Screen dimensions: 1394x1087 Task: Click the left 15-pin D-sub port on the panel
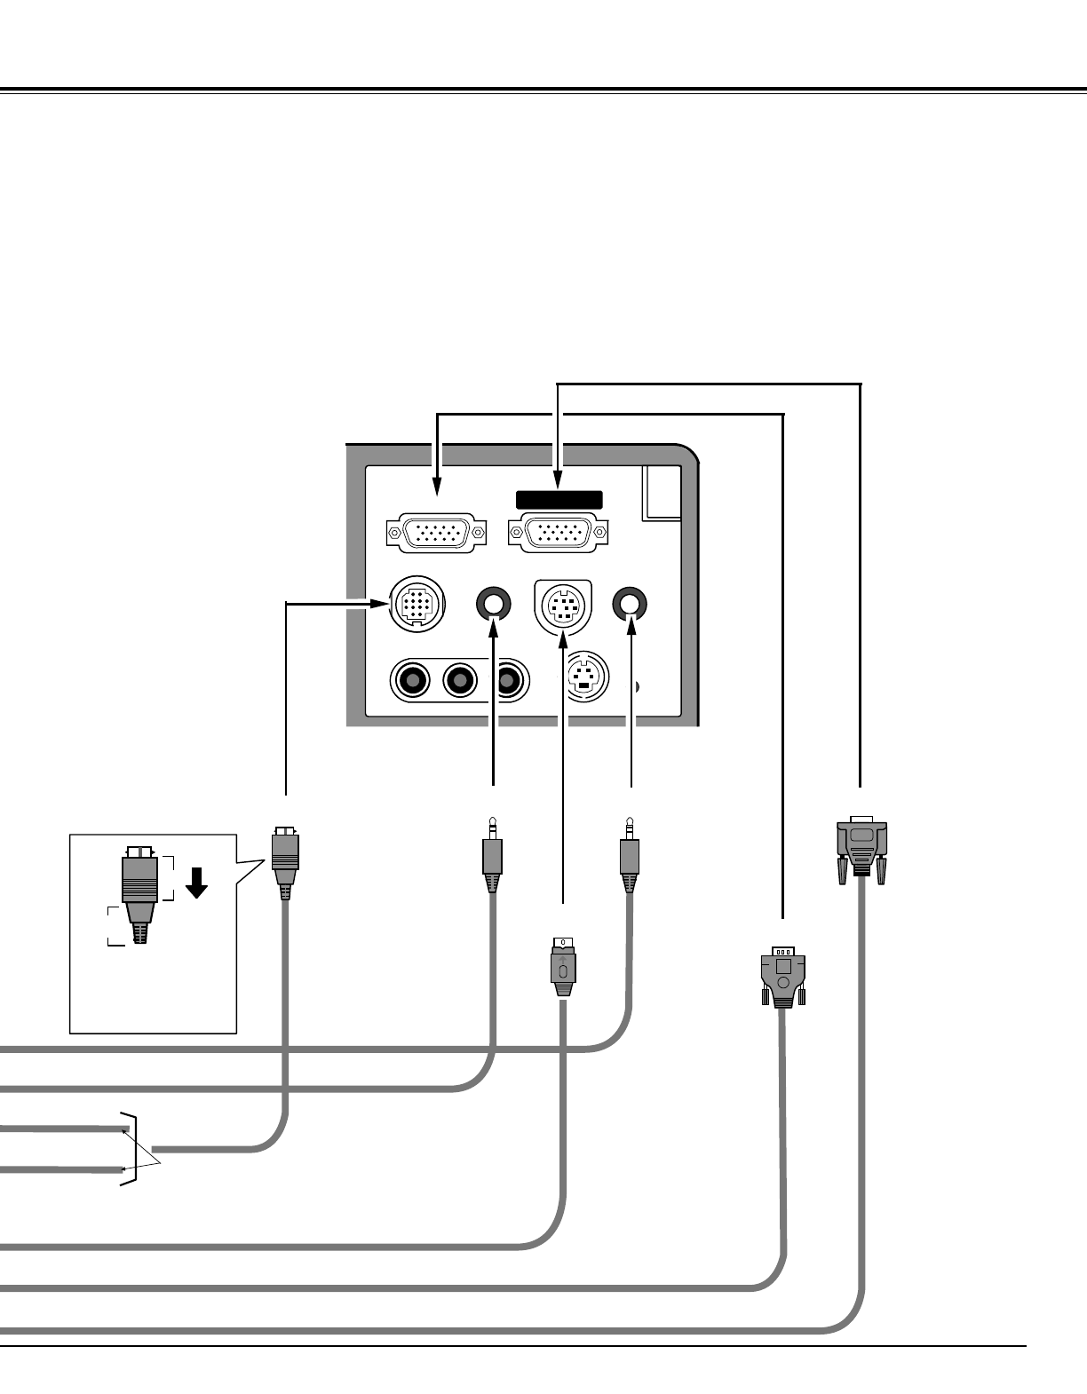(437, 533)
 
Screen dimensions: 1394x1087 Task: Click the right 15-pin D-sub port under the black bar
(558, 533)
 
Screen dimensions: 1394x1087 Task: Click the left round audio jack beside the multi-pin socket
(493, 605)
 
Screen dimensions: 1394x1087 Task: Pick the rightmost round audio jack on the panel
(631, 604)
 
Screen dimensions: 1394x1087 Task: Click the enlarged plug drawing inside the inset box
(140, 892)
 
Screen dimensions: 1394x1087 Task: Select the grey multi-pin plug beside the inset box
(285, 859)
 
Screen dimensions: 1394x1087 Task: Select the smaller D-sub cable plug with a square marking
(782, 977)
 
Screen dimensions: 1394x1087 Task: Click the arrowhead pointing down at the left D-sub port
(437, 486)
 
